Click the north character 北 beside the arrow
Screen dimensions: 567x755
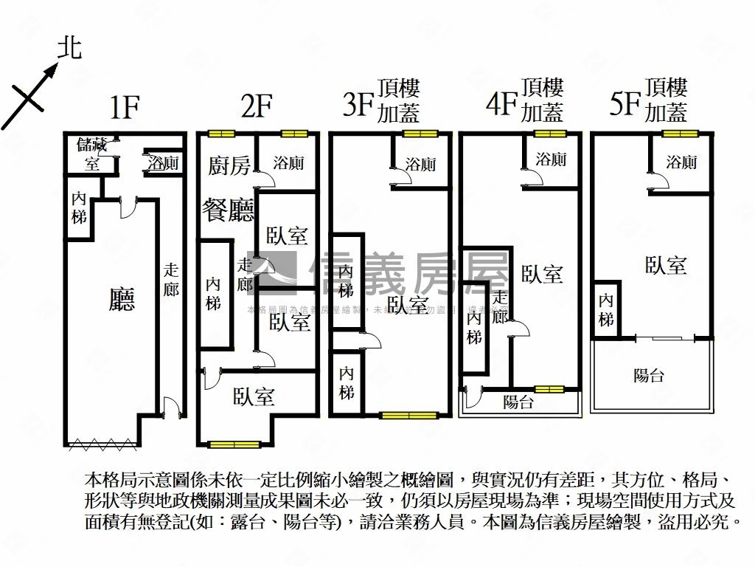[70, 49]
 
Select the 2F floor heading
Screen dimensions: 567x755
[257, 108]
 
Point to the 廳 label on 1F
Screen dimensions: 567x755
[122, 299]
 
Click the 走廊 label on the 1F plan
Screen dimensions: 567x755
[171, 280]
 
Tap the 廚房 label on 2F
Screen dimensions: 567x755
[229, 166]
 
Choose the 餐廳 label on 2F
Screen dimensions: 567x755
[229, 210]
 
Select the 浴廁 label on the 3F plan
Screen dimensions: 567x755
[420, 165]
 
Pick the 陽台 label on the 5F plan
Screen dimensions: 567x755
[649, 375]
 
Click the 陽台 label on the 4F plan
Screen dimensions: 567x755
[518, 402]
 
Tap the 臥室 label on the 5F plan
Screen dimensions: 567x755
[666, 266]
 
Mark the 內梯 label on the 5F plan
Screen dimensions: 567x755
[606, 310]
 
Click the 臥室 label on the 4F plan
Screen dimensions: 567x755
[543, 274]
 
